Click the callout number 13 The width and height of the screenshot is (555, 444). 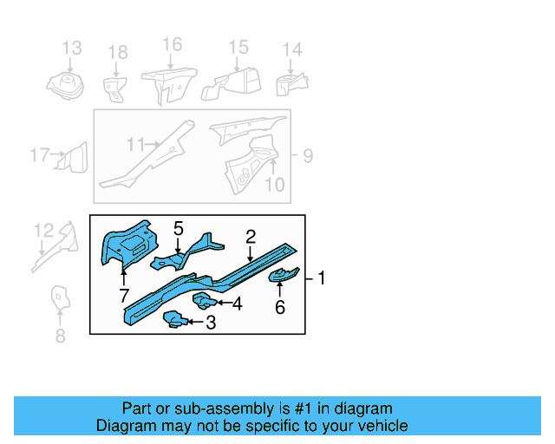[x=71, y=48]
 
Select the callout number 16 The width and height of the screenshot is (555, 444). [x=172, y=44]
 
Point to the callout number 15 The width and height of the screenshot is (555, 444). [x=238, y=47]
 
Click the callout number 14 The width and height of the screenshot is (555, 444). [x=292, y=49]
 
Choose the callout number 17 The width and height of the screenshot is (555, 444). [x=39, y=156]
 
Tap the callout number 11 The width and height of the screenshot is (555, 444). [x=135, y=144]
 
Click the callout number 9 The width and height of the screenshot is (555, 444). [x=307, y=156]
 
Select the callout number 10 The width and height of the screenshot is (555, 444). [x=274, y=184]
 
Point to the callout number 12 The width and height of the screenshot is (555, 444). [x=43, y=230]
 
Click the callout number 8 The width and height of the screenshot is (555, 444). [x=60, y=336]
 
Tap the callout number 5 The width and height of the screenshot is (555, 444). [x=178, y=229]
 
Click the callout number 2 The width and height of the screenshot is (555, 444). [x=251, y=236]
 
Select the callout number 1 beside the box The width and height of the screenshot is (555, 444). [x=322, y=278]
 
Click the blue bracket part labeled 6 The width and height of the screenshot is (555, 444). [x=284, y=276]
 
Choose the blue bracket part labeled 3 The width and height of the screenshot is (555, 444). [x=174, y=322]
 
